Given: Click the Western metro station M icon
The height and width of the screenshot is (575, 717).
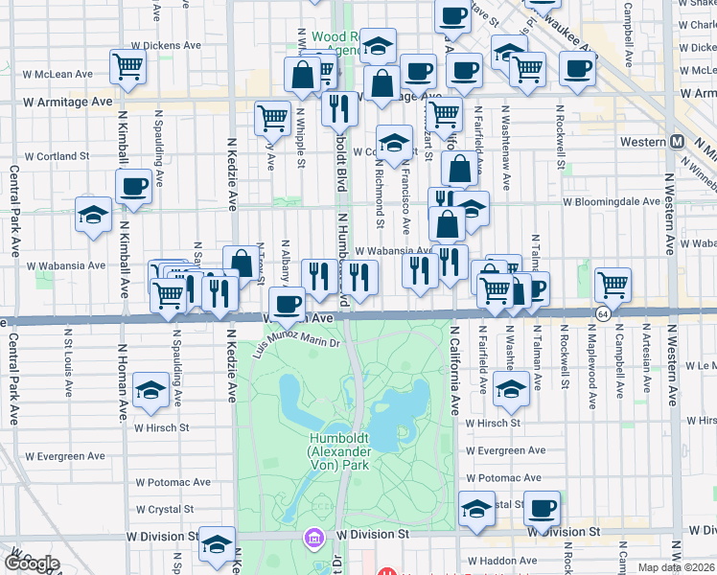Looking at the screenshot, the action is click(x=677, y=142).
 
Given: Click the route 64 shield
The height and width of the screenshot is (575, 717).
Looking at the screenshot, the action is click(x=602, y=313).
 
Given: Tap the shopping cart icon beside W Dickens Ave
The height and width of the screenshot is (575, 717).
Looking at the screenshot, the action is click(x=127, y=67).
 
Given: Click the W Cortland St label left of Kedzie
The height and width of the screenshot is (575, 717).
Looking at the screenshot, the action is click(x=57, y=156).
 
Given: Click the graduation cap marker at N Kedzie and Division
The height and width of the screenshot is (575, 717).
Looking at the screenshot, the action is click(x=218, y=545).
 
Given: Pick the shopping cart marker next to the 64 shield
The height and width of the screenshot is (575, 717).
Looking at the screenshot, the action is click(x=613, y=284).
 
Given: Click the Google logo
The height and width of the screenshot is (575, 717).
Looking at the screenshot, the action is click(x=31, y=563).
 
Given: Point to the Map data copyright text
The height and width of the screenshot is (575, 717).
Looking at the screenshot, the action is click(x=676, y=567).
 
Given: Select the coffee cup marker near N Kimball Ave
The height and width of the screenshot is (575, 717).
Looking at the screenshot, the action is click(x=133, y=186).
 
